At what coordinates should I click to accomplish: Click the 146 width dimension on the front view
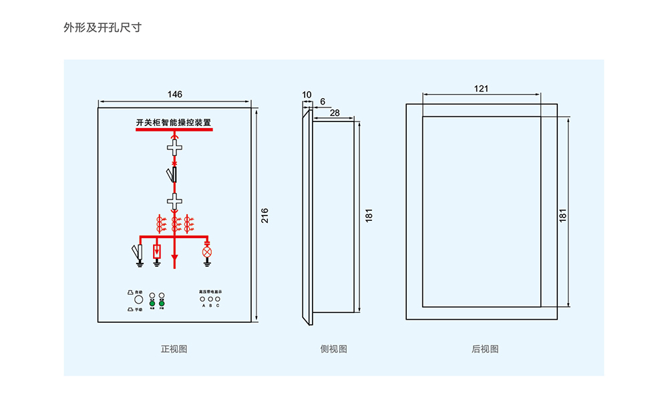tap(174, 95)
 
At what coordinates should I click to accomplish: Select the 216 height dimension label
tap(265, 215)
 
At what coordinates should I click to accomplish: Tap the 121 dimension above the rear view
tap(482, 89)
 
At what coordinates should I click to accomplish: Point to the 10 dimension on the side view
tap(307, 95)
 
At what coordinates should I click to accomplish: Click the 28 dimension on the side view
tap(335, 113)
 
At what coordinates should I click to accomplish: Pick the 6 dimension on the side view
tap(323, 101)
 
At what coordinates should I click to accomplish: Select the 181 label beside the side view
tap(369, 215)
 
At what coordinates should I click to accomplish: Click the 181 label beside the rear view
tap(563, 215)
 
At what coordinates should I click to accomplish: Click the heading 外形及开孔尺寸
tap(102, 28)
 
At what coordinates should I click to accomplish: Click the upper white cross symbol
tap(174, 148)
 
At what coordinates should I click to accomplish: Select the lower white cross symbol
tap(174, 199)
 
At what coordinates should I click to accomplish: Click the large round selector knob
tap(139, 300)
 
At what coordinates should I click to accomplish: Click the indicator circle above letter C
tap(218, 299)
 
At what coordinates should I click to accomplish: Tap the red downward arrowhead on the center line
tap(175, 258)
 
